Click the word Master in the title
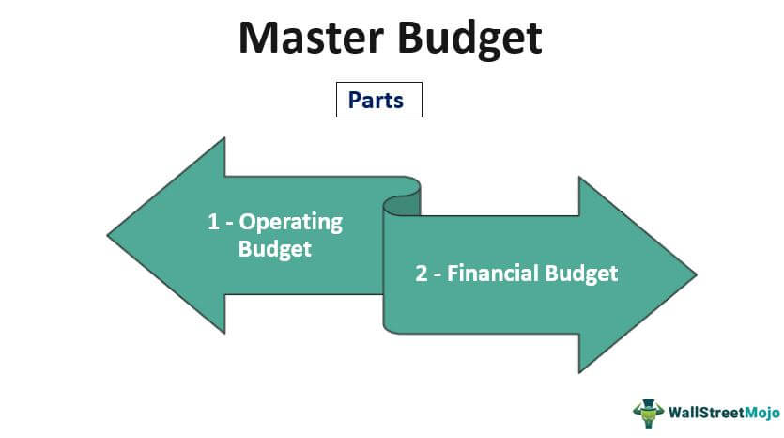pos(311,38)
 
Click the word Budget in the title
pos(470,40)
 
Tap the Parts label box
pos(379,100)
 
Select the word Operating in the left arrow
pos(290,222)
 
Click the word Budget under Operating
pos(274,249)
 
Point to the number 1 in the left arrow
pos(213,222)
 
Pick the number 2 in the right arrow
pos(421,274)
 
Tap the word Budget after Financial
pos(581,274)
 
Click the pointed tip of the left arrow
pos(107,235)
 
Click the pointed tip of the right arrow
pos(696,274)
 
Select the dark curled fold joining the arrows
pos(402,206)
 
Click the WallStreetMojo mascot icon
pos(648,413)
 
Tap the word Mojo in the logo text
pos(762,413)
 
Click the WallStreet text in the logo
pos(706,413)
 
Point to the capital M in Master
pos(259,38)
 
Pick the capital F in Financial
pos(452,274)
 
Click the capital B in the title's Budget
pos(411,38)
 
